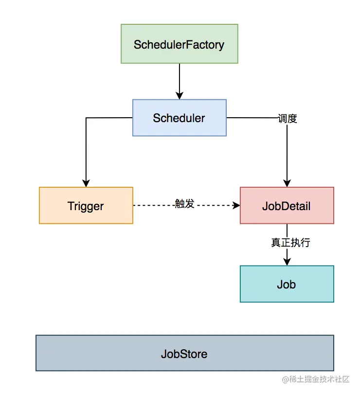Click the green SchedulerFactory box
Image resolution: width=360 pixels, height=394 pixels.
pos(179,44)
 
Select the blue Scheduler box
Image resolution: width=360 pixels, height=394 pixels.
pos(179,118)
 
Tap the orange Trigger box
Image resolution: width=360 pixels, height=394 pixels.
pos(86,205)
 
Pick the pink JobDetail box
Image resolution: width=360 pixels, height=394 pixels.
pos(287,205)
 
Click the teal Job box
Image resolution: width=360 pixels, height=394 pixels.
pos(287,284)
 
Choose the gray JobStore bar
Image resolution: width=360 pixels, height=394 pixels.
pos(185,353)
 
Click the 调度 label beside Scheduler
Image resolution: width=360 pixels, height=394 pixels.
pos(288,118)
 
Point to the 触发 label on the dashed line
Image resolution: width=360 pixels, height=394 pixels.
pos(185,203)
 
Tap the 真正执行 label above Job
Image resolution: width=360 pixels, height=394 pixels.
pos(290,243)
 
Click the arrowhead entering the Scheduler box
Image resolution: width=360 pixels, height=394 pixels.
pos(179,96)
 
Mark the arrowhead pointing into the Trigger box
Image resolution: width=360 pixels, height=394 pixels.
pos(86,183)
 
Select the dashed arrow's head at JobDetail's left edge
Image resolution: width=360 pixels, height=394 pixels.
pos(236,205)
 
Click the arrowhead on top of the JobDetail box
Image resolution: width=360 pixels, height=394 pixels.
pos(287,183)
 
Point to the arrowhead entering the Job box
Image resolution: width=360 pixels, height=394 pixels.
pos(287,262)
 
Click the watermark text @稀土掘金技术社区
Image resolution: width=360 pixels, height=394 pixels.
pos(316,379)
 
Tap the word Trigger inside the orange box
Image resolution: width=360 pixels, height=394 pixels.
pos(86,206)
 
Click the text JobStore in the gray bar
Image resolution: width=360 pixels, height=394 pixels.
pos(184,354)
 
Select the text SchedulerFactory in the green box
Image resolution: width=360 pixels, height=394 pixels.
pos(179,45)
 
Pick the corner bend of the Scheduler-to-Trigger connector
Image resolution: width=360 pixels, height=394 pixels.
pos(86,118)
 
